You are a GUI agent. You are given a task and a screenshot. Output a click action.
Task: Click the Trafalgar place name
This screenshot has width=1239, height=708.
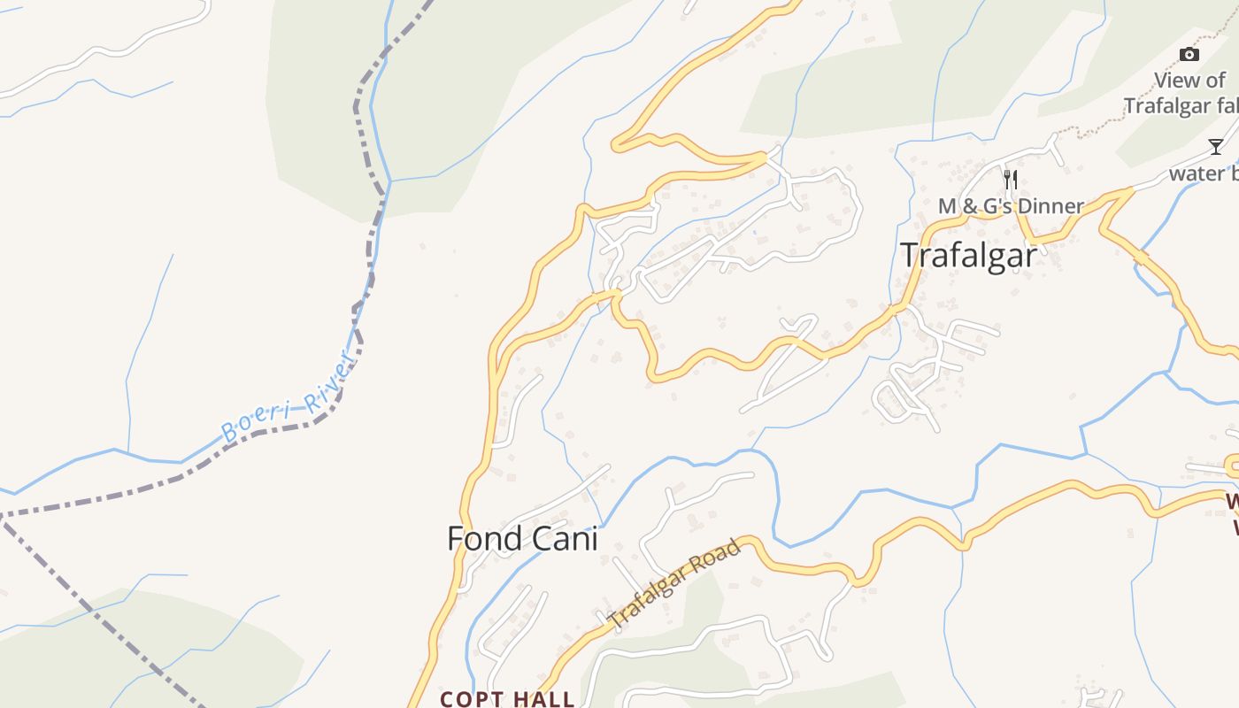(x=968, y=255)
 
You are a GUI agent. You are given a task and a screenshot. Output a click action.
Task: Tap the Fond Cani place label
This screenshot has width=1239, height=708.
(x=522, y=538)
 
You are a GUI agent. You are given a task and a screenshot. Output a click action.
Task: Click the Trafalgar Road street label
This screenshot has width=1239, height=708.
(x=675, y=585)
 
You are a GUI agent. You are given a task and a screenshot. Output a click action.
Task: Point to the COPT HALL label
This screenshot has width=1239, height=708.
(x=507, y=699)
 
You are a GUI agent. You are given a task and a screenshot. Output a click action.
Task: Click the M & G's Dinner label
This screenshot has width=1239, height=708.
(x=1011, y=206)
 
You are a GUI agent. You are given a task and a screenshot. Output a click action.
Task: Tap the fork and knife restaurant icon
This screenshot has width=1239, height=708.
(x=1010, y=180)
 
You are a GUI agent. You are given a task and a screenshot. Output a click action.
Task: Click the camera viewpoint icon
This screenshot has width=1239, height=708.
(x=1189, y=55)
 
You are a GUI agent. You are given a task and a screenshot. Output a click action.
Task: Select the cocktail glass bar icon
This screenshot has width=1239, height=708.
(x=1216, y=147)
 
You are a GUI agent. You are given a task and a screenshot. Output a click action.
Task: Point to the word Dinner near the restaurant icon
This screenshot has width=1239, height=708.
(x=1050, y=206)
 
